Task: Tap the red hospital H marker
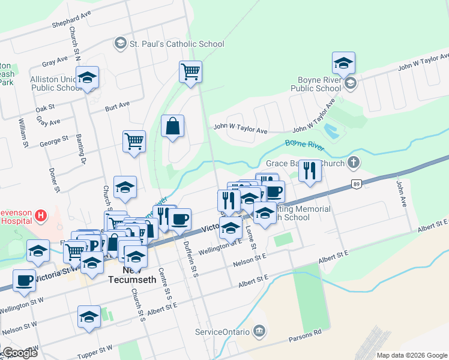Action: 40,215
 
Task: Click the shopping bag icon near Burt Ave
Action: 172,127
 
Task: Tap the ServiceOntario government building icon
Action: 259,331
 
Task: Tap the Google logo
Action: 19,353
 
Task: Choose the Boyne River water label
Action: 304,144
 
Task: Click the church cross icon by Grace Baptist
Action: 354,162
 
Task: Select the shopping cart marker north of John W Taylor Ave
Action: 190,71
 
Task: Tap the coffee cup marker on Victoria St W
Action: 24,281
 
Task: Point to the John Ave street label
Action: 400,192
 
